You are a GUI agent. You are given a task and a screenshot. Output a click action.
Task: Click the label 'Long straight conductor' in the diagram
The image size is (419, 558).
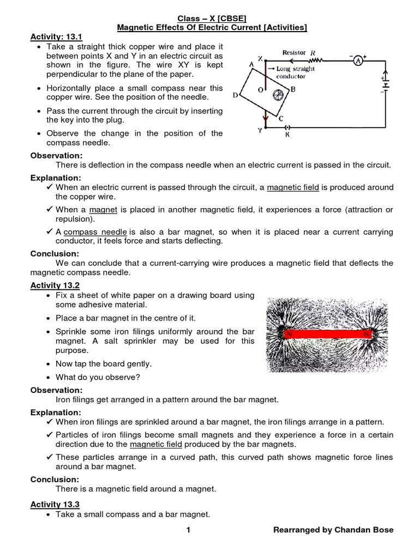(295, 72)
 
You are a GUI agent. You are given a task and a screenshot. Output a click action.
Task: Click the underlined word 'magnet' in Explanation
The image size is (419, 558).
(100, 210)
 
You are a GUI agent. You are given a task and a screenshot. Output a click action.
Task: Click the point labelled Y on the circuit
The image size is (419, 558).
(260, 131)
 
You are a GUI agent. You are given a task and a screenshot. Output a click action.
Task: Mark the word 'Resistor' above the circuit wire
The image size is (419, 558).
(294, 53)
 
